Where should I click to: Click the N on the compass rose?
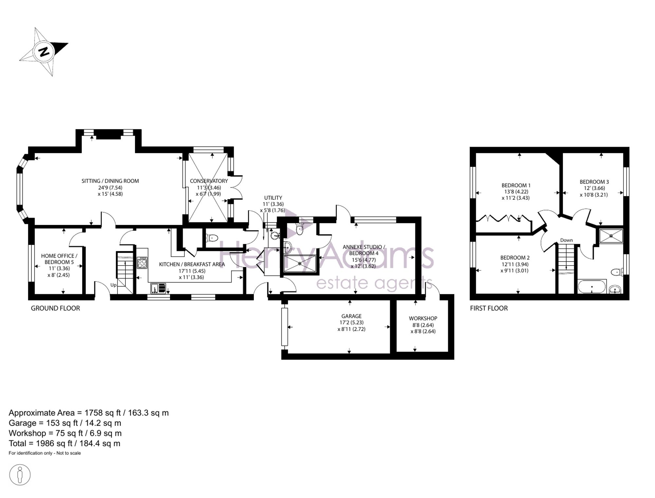pyautogui.click(x=44, y=52)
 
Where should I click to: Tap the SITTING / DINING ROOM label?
pyautogui.click(x=110, y=181)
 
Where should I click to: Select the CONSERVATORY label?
pyautogui.click(x=209, y=181)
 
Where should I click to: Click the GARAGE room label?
pyautogui.click(x=351, y=316)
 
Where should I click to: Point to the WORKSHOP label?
pyautogui.click(x=423, y=318)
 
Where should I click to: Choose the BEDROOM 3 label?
pyautogui.click(x=594, y=182)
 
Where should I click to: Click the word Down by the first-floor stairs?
pyautogui.click(x=566, y=240)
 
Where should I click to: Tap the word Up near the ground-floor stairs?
pyautogui.click(x=113, y=285)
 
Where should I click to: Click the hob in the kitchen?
pyautogui.click(x=142, y=263)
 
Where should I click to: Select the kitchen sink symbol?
pyautogui.click(x=158, y=288)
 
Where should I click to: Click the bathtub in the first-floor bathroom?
pyautogui.click(x=592, y=286)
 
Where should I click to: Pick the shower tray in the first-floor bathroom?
pyautogui.click(x=611, y=236)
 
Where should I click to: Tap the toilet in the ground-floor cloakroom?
pyautogui.click(x=212, y=238)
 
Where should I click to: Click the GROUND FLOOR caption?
pyautogui.click(x=55, y=308)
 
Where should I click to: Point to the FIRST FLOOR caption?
pyautogui.click(x=489, y=308)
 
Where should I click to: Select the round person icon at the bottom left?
pyautogui.click(x=20, y=475)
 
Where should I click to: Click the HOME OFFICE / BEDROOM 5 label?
pyautogui.click(x=59, y=259)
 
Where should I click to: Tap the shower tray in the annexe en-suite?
pyautogui.click(x=300, y=264)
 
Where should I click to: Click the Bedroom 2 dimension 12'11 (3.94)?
pyautogui.click(x=515, y=264)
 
